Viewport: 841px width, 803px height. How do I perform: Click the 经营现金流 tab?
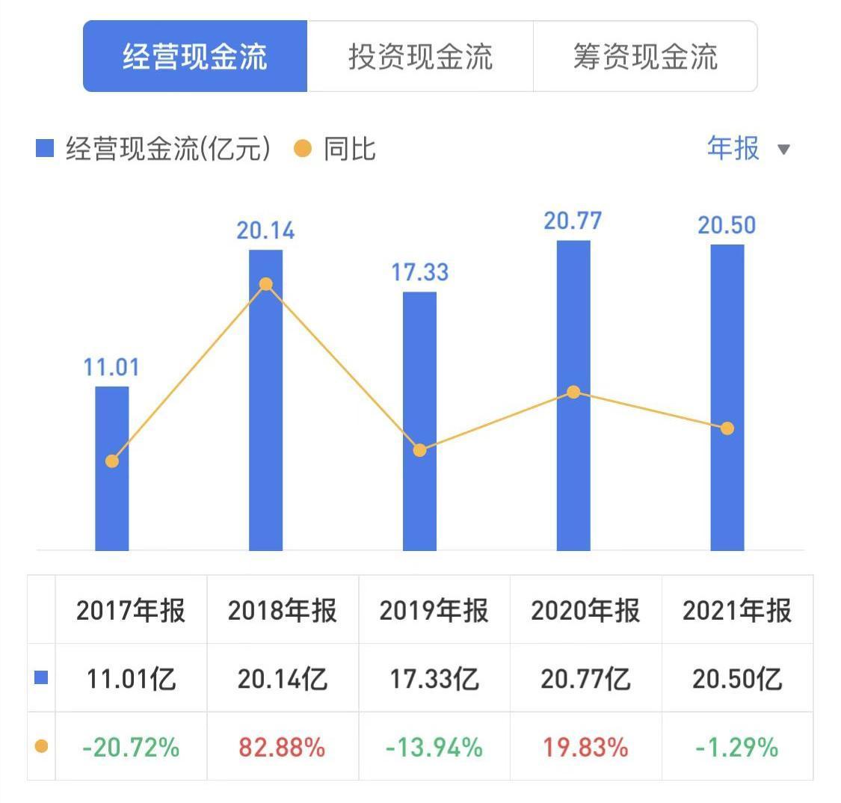pos(195,57)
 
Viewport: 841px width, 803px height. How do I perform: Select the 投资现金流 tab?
pos(420,57)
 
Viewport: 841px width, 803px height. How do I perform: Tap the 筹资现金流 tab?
pos(645,57)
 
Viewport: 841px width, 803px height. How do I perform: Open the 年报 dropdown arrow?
pos(783,150)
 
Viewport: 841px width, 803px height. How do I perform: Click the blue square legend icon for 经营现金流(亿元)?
pos(45,149)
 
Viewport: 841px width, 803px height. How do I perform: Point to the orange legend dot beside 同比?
pos(303,149)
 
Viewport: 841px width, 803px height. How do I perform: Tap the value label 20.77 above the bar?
pos(573,221)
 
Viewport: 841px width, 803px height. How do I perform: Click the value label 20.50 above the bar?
pos(727,225)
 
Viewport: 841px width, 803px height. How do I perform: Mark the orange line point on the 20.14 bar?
pos(265,284)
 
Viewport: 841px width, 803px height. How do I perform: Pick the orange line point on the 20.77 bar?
pos(573,392)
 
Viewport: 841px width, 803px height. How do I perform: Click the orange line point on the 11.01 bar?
pos(112,461)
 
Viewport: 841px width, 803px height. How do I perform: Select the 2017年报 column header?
pos(131,611)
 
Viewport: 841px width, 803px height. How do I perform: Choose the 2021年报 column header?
pos(737,611)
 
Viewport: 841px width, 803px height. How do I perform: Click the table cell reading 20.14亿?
pos(283,679)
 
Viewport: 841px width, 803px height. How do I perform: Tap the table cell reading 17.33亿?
pos(434,679)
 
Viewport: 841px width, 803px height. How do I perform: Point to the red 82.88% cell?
pos(283,746)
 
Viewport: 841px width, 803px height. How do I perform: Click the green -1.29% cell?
pos(737,746)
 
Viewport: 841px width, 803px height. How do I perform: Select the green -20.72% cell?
pos(131,746)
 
